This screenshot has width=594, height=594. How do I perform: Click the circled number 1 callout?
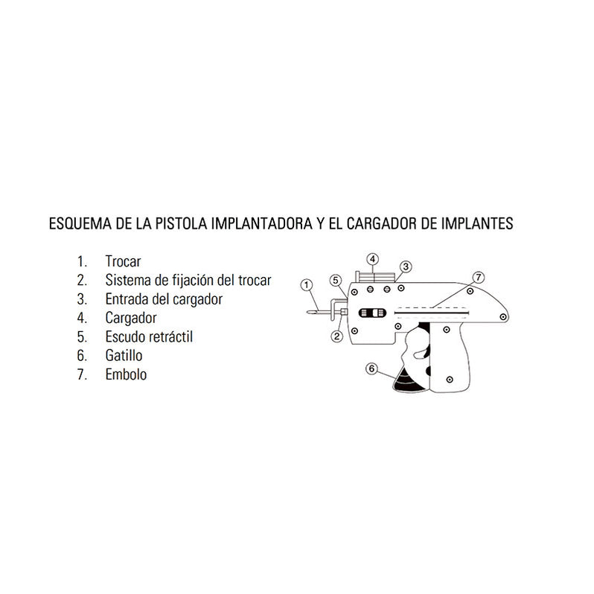click(304, 284)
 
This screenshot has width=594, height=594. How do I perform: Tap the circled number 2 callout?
click(336, 337)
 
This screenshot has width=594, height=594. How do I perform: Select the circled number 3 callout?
click(406, 266)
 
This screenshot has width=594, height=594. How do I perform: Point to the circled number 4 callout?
click(374, 258)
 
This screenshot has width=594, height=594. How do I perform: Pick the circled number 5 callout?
click(336, 280)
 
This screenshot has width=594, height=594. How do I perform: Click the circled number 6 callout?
click(372, 368)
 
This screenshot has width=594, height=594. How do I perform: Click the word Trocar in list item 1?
click(123, 261)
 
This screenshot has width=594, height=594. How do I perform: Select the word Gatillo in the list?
click(124, 356)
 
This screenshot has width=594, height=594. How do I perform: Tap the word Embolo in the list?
click(126, 374)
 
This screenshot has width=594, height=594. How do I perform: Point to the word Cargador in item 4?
click(132, 318)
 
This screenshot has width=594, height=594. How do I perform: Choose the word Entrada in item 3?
click(128, 299)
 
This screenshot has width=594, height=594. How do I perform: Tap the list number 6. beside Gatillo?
click(81, 356)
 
